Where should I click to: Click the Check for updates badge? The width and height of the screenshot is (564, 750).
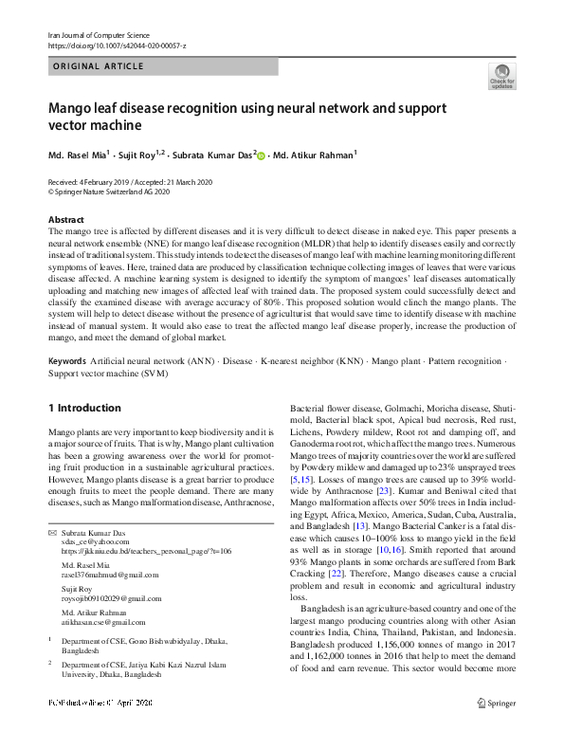501,77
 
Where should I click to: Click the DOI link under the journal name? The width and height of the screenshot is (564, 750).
117,46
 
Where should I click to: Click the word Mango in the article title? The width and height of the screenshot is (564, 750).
71,108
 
